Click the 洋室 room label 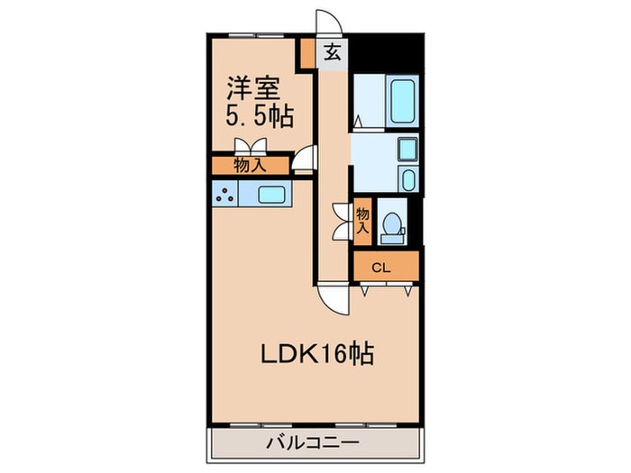tap(253, 88)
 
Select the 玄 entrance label tap(332, 52)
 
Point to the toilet tap(394, 225)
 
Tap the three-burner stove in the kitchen tap(225, 193)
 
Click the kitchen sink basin tap(271, 194)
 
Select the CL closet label tap(381, 268)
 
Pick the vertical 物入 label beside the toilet tap(362, 221)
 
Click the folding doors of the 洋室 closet tap(250, 148)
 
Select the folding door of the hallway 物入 tap(342, 222)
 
